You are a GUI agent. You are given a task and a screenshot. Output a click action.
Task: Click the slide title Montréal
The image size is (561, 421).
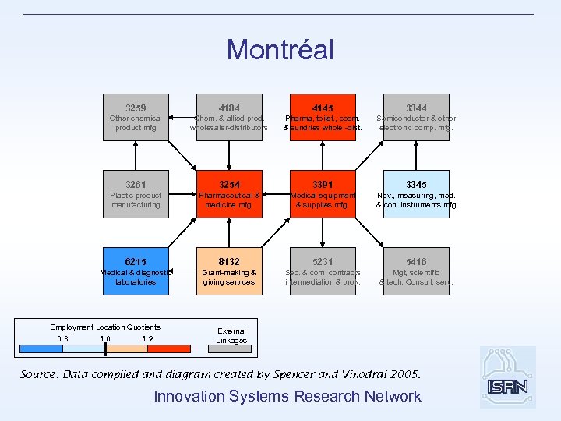pyautogui.click(x=280, y=50)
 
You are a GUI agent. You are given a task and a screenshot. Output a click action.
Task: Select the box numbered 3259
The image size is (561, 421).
pyautogui.click(x=136, y=117)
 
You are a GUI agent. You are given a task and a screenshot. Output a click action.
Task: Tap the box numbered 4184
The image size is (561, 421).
pyautogui.click(x=229, y=117)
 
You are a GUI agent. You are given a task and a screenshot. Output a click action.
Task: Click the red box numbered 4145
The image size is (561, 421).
pyautogui.click(x=323, y=117)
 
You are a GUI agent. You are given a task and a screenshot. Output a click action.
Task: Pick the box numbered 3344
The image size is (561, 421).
pyautogui.click(x=416, y=117)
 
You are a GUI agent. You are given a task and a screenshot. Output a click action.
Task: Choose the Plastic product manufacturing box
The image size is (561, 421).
pyautogui.click(x=136, y=194)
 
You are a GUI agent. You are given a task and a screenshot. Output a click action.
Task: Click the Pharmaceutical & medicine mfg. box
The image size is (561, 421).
pyautogui.click(x=229, y=194)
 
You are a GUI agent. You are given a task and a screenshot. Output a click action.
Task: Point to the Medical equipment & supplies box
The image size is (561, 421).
pyautogui.click(x=323, y=194)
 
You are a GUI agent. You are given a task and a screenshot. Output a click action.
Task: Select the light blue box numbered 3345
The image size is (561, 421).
pyautogui.click(x=416, y=194)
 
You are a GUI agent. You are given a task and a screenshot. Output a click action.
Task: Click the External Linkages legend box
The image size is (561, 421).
pyautogui.click(x=231, y=335)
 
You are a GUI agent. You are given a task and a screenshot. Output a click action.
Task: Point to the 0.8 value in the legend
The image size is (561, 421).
pyautogui.click(x=63, y=338)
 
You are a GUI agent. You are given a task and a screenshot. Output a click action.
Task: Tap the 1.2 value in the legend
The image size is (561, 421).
pyautogui.click(x=147, y=338)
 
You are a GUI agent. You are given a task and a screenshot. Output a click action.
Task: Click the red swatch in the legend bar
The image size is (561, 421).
pyautogui.click(x=168, y=348)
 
